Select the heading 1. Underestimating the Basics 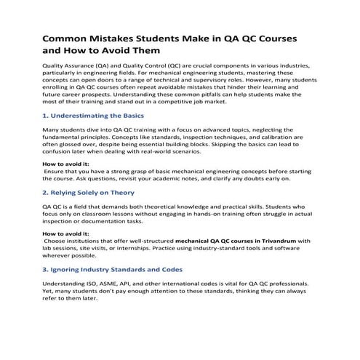point(94,115)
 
